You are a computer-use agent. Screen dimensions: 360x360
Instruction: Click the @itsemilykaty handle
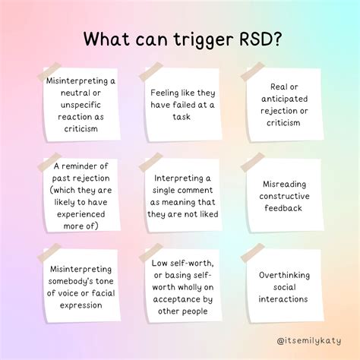pos(309,340)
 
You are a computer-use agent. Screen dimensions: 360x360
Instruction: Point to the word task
pos(182,117)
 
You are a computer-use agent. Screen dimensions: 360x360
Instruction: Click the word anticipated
pos(285,99)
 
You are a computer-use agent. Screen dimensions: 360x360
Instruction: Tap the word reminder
pos(81,166)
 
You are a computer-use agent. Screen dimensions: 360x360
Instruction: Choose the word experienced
pos(81,214)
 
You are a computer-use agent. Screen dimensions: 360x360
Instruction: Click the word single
pos(165,191)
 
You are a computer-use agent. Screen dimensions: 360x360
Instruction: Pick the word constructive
pos(284,196)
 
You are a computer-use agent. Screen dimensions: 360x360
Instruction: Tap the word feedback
pos(283,208)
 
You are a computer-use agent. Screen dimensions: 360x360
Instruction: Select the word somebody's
pos(71,281)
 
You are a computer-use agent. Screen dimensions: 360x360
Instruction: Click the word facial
pos(103,293)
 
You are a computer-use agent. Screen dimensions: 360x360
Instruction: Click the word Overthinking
pos(284,276)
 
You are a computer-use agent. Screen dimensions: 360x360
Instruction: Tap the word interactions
pos(283,299)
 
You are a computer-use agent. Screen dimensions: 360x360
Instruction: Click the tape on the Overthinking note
pos(252,253)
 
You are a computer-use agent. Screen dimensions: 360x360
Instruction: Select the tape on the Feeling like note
pos(151,71)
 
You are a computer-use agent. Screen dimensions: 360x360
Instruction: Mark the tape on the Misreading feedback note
pos(252,162)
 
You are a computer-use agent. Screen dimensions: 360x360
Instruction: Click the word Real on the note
pos(276,87)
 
